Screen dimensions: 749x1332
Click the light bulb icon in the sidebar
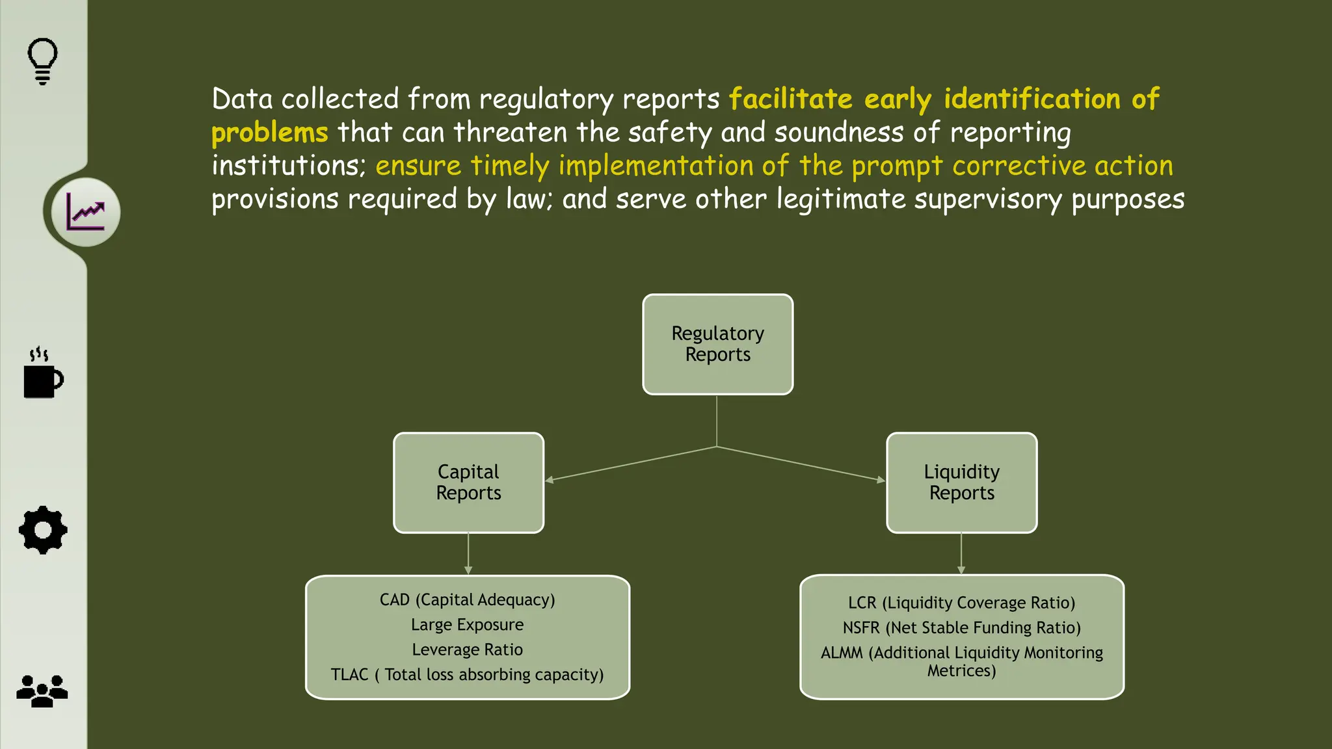click(42, 61)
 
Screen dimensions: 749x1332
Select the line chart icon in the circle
click(85, 212)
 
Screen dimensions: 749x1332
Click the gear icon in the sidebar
click(43, 530)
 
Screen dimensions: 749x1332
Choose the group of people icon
click(42, 690)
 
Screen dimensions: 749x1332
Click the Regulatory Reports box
click(717, 344)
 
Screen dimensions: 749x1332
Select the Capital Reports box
click(468, 482)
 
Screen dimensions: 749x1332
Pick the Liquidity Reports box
click(961, 482)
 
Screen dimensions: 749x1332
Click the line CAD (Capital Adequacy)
click(467, 599)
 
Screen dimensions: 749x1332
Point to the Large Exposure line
click(467, 625)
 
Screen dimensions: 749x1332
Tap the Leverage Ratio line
click(467, 650)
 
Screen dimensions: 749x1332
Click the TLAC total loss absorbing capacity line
click(467, 675)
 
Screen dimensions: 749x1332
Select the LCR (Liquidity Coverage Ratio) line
click(961, 603)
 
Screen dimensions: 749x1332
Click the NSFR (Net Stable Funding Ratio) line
click(961, 627)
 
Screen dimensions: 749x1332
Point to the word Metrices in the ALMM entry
click(961, 671)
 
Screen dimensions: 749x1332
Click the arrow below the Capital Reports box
click(468, 555)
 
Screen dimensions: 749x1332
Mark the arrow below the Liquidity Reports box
click(961, 554)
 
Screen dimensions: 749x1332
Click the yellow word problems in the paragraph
click(269, 133)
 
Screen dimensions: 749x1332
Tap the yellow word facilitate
click(790, 99)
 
